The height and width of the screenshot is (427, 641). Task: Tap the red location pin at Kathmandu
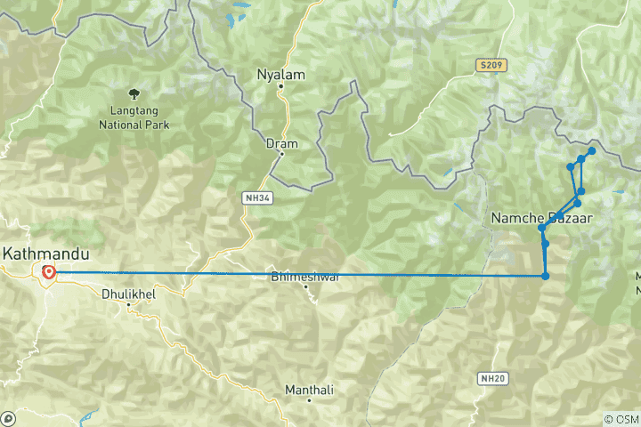point(48,272)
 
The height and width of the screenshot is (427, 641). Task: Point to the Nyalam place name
point(280,74)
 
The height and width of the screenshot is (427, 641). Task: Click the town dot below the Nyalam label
point(280,86)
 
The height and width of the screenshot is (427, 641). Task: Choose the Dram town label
point(281,142)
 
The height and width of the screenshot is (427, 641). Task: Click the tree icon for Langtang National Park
point(134,92)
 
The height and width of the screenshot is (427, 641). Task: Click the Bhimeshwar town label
point(305,277)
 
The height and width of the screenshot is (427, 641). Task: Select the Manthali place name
point(309,390)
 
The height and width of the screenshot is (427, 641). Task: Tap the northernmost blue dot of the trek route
point(591,151)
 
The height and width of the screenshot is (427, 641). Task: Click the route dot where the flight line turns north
point(545,276)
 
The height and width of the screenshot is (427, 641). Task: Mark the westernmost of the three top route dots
point(571,167)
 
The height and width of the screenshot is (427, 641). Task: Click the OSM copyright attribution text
point(621,419)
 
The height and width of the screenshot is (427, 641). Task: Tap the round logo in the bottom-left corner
point(8,418)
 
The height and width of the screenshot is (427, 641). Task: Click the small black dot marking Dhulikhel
point(128,304)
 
